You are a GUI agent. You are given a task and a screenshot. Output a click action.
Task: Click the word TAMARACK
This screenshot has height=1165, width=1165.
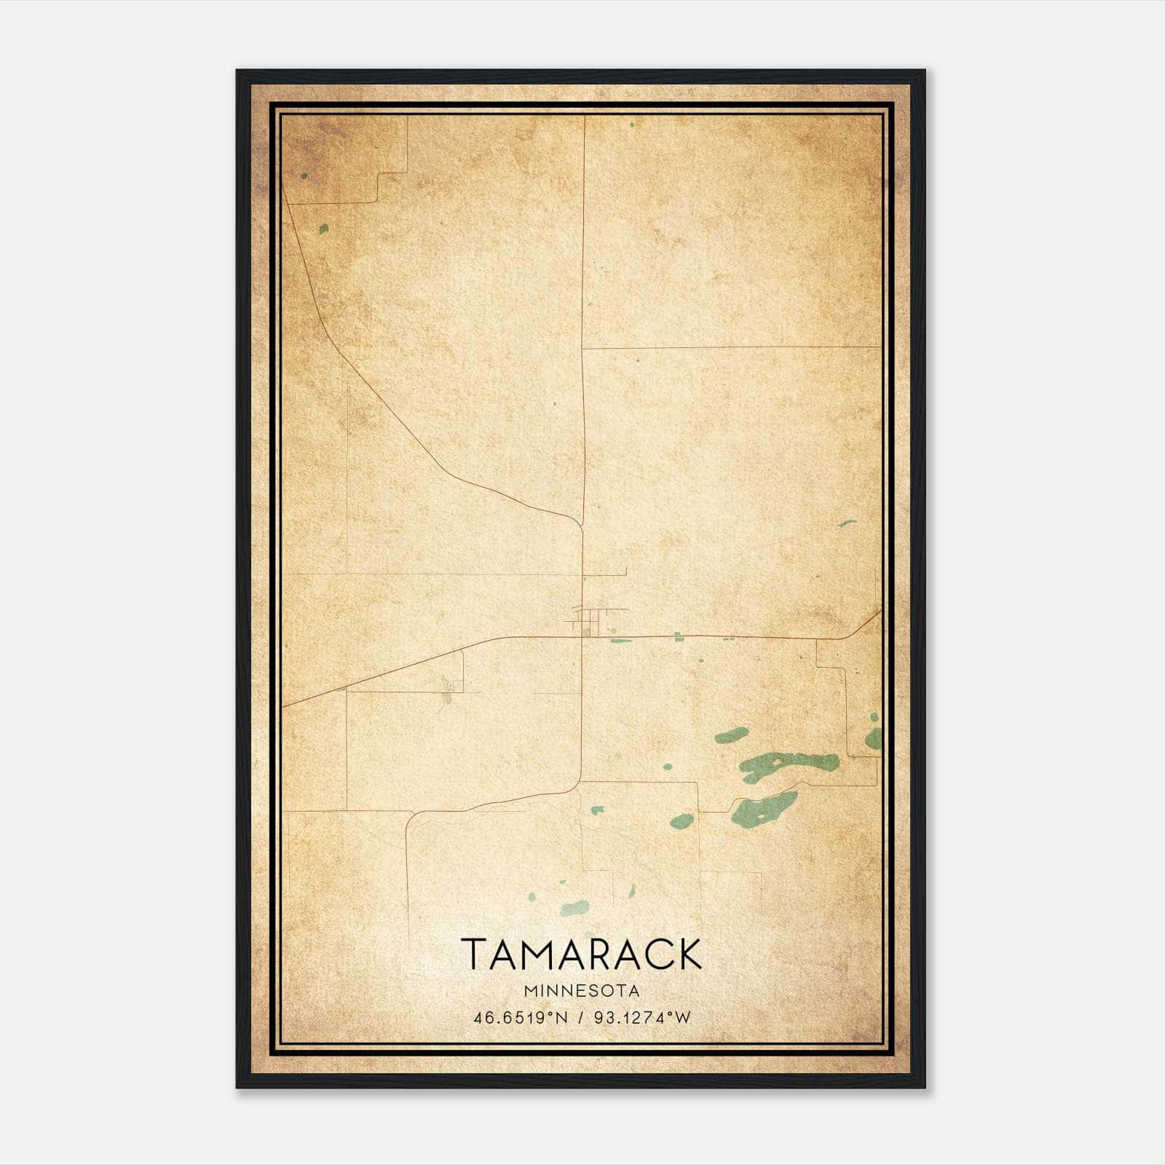[x=582, y=955]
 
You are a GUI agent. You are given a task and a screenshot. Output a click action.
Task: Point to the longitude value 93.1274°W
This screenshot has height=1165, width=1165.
[x=641, y=1018]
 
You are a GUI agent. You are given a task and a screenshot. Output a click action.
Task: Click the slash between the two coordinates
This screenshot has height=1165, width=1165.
[x=580, y=1018]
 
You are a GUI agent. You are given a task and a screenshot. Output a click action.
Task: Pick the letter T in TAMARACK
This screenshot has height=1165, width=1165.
[x=474, y=955]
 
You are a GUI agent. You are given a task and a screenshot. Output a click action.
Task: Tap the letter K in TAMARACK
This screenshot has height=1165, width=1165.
[x=689, y=955]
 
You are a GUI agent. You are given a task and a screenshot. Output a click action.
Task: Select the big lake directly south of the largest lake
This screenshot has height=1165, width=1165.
[x=763, y=808]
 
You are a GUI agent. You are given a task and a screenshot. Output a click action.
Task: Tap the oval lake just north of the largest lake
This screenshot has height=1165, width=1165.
[x=731, y=735]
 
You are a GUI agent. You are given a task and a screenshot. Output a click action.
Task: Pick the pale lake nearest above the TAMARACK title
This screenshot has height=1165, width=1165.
[x=575, y=908]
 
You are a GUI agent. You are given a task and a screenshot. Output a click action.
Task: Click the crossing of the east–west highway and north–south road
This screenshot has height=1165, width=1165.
[x=582, y=636]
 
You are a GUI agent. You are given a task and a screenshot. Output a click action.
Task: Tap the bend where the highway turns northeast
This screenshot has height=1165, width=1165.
[x=849, y=636]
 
